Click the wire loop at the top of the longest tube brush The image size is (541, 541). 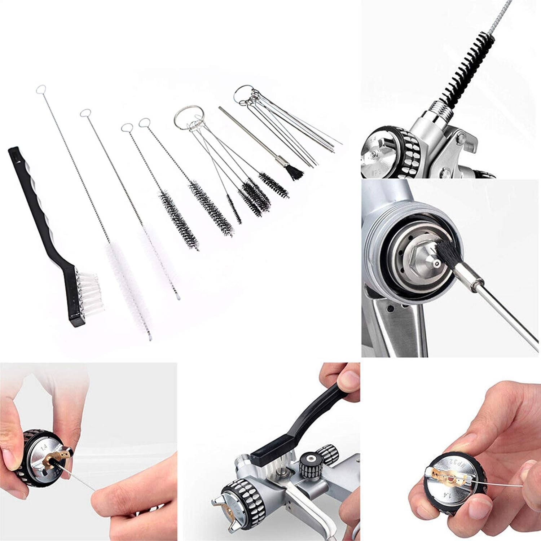pyautogui.click(x=42, y=88)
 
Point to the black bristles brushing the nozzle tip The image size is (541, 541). pyautogui.click(x=447, y=254)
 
